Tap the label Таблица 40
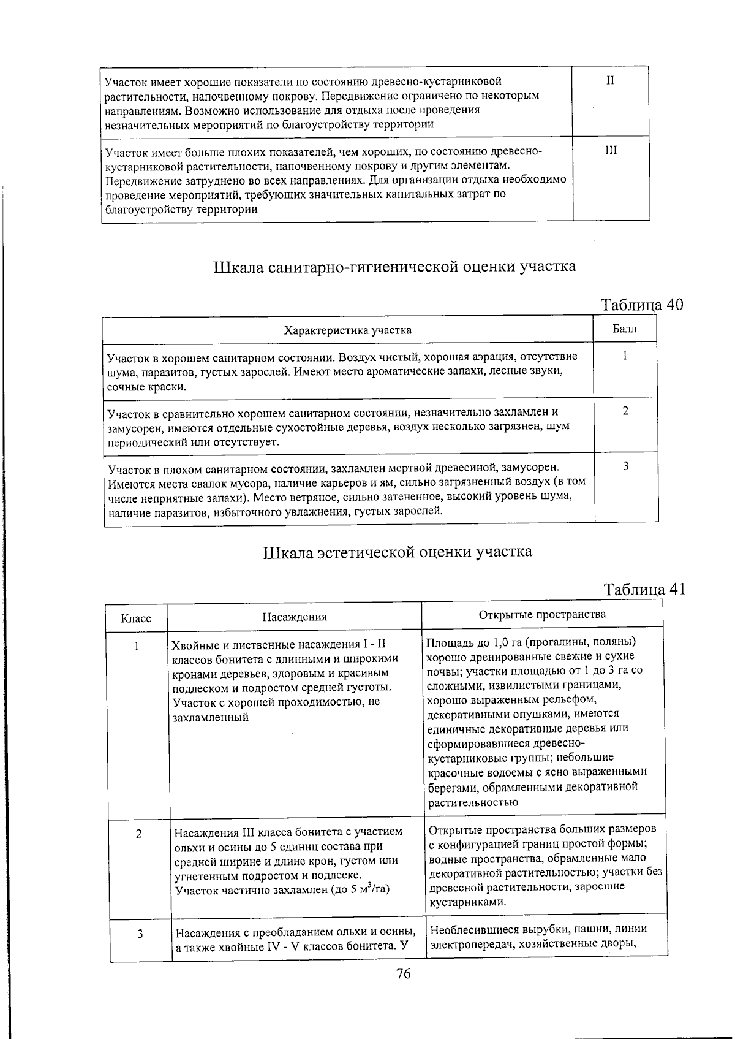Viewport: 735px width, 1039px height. tap(641, 305)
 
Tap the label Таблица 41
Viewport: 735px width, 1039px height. tap(644, 589)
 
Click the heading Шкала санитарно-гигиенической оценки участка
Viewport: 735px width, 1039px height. tap(394, 267)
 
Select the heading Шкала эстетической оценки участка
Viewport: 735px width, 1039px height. tap(398, 552)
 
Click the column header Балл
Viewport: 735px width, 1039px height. tap(625, 329)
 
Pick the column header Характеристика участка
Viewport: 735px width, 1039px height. tap(347, 330)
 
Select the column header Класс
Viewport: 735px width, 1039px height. tap(136, 618)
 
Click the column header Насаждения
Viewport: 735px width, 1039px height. tap(295, 617)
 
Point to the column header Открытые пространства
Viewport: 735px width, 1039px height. tap(542, 614)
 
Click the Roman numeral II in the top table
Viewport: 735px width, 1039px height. tap(610, 80)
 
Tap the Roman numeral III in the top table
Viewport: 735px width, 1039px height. tap(611, 150)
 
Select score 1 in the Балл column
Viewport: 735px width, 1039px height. tap(625, 356)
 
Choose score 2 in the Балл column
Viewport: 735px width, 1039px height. tap(625, 411)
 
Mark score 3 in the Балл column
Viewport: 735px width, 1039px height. tap(626, 466)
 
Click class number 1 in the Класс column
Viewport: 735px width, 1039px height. tap(137, 645)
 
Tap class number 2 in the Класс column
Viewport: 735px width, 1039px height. tap(139, 834)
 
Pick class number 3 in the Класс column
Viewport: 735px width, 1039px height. tap(140, 934)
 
